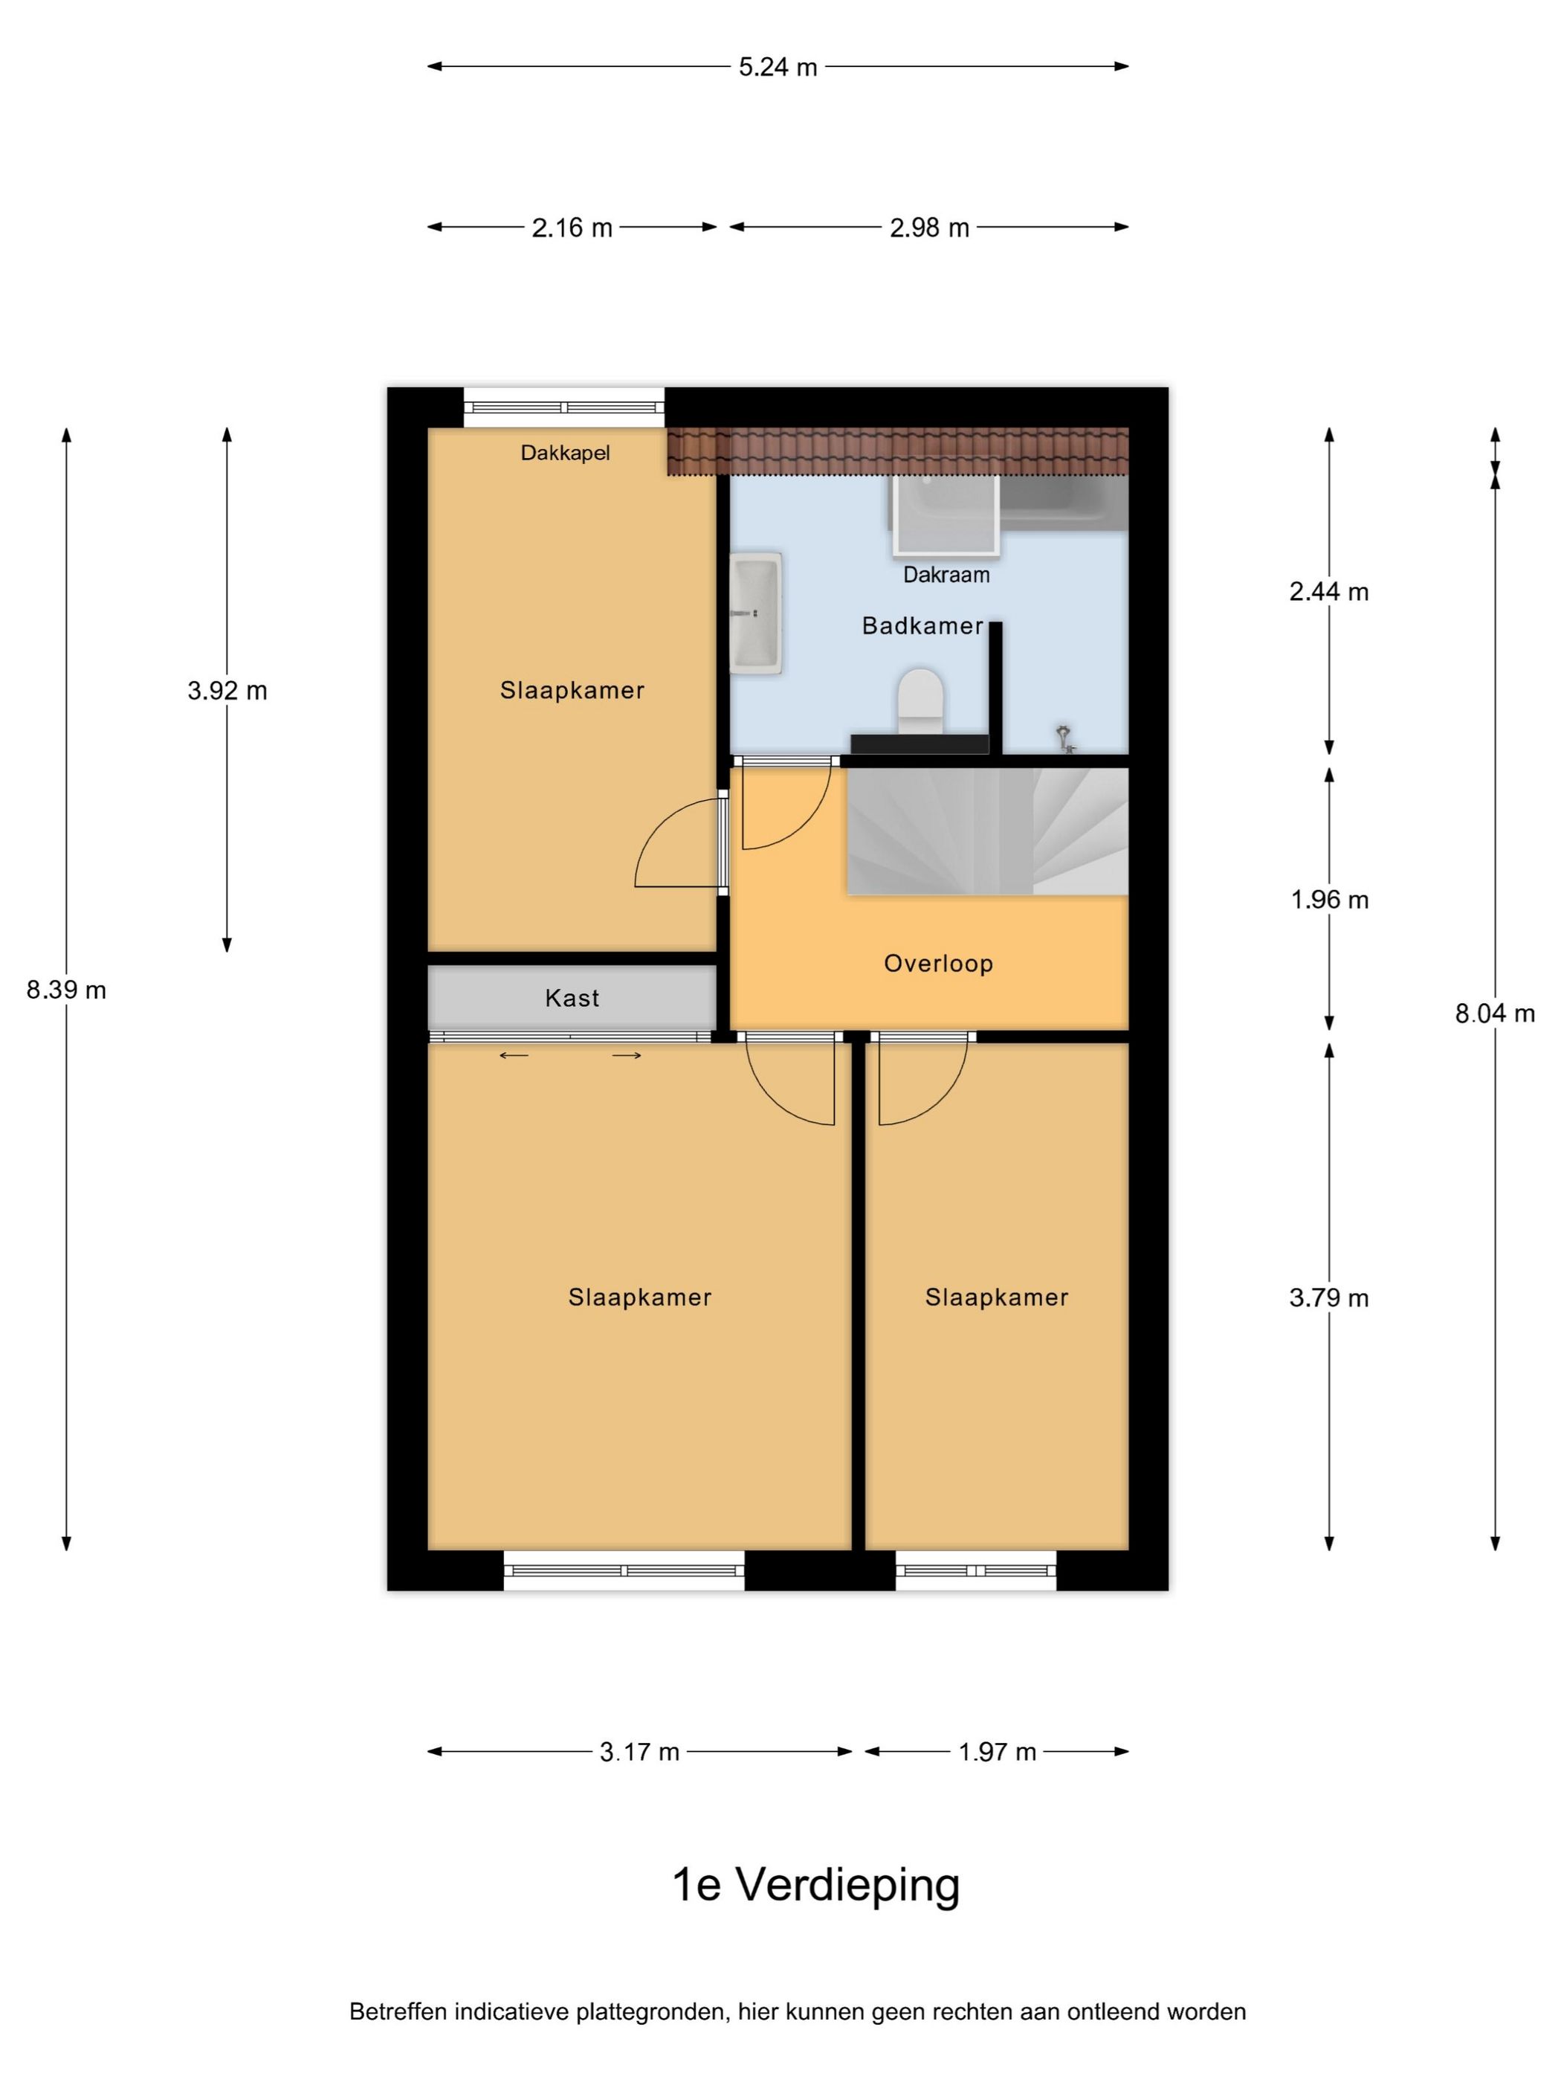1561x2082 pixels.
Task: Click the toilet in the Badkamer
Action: [x=920, y=701]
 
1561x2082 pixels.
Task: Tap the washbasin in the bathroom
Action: [x=755, y=613]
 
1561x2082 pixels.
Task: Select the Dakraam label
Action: [x=946, y=574]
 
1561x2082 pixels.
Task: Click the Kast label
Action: [x=571, y=998]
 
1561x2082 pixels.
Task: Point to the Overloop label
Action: [x=938, y=963]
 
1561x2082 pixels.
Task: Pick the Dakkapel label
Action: [x=564, y=453]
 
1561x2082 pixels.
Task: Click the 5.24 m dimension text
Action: [x=778, y=67]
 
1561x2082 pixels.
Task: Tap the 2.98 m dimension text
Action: [x=928, y=228]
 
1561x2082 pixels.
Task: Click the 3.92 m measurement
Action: [x=227, y=691]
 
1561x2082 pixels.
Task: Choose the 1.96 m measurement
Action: [x=1328, y=899]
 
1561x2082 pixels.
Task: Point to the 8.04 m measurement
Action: [x=1494, y=1013]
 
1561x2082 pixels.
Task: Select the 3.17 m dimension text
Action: [x=639, y=1752]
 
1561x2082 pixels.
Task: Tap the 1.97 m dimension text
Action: [x=997, y=1752]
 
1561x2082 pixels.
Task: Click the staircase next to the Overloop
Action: [x=987, y=831]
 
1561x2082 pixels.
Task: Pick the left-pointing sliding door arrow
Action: [x=514, y=1055]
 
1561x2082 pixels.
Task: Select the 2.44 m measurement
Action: [x=1328, y=591]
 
